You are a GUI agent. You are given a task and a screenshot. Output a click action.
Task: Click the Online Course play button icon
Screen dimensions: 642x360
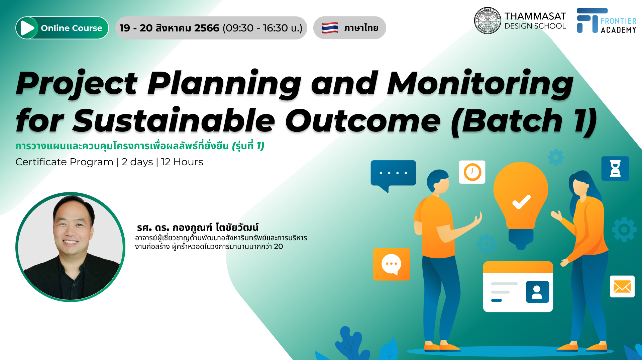28,28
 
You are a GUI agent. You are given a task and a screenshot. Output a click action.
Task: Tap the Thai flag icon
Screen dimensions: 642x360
330,28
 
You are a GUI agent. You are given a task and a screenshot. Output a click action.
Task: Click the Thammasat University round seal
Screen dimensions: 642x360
488,21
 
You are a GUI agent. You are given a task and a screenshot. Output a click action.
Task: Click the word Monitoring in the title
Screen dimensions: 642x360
480,84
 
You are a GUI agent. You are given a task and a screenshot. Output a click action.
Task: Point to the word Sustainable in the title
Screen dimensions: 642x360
174,120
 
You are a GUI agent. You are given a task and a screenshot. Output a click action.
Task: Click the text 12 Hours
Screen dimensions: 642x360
182,162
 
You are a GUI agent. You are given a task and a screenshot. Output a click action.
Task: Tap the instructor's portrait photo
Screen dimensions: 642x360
70,247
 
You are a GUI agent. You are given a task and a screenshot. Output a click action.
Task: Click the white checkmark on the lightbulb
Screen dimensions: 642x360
521,201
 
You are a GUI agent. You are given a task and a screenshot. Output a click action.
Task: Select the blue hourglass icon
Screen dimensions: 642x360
615,168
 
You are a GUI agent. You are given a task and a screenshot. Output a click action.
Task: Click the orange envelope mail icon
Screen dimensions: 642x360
622,286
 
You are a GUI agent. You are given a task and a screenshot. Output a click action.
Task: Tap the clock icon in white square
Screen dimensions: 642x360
472,172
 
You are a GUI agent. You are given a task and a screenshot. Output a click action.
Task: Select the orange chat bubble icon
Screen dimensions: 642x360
391,264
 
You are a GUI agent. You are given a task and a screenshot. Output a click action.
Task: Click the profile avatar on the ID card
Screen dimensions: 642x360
537,292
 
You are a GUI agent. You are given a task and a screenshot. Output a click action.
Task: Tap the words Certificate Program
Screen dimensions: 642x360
65,162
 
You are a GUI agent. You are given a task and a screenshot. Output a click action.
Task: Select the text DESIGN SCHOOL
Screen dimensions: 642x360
535,26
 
